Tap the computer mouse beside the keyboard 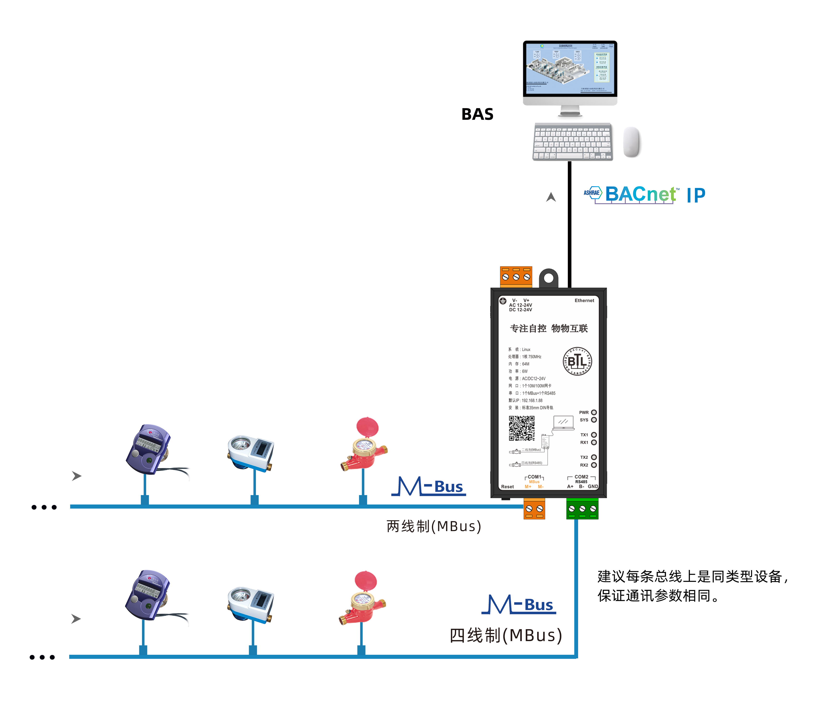[632, 142]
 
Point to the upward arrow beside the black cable [551, 197]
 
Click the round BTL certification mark [577, 361]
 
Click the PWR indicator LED [594, 412]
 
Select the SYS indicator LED [594, 420]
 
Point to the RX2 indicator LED [594, 465]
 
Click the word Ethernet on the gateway [584, 300]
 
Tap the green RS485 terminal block [582, 509]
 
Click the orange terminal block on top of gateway [516, 276]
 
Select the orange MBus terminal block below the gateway [534, 509]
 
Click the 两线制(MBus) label [434, 526]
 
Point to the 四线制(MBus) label [506, 636]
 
